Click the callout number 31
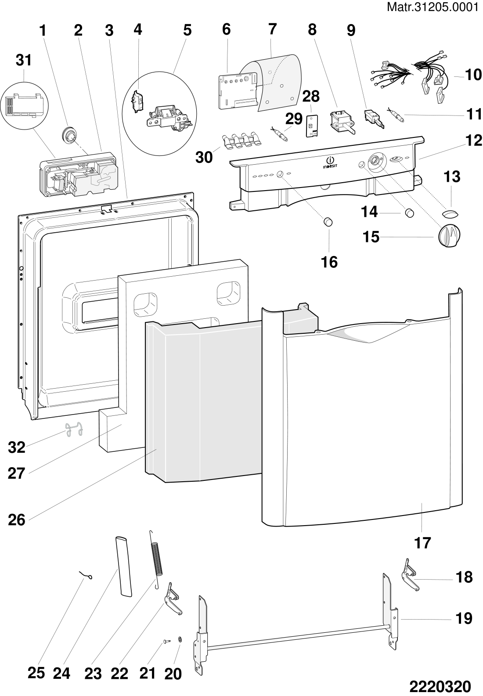(x=24, y=60)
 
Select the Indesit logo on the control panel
(x=330, y=162)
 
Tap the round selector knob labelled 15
(x=449, y=236)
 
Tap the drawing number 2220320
(x=440, y=686)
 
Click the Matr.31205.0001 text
(x=432, y=7)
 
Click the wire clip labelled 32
(x=73, y=429)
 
